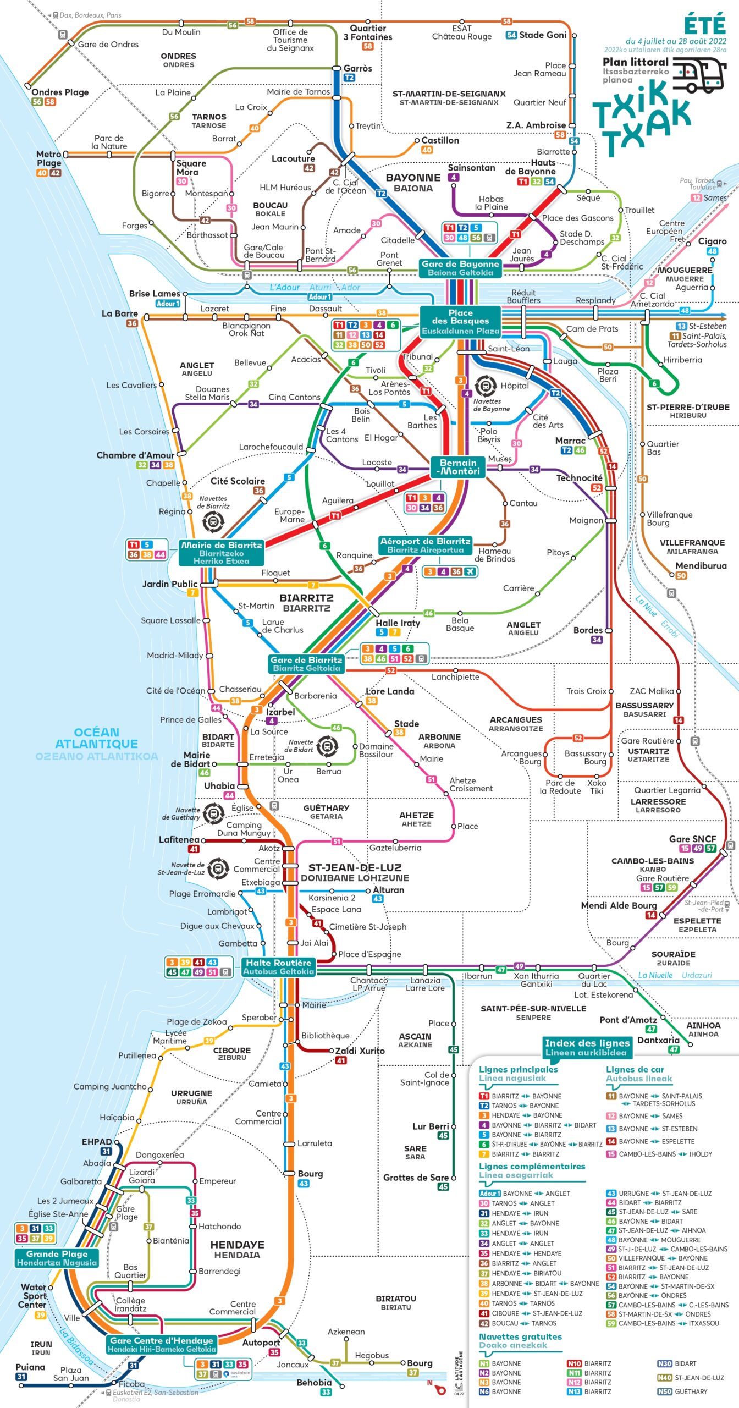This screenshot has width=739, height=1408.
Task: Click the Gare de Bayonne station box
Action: pos(460,268)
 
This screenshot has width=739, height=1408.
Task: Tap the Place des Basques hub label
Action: pos(460,321)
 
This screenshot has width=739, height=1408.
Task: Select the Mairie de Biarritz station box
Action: pos(221,552)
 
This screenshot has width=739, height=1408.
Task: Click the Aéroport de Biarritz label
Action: pos(425,545)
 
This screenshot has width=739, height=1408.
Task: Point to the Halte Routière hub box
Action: pos(278,966)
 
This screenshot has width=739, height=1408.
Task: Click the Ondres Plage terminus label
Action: pos(59,92)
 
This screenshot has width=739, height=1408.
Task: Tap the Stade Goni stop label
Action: pos(542,35)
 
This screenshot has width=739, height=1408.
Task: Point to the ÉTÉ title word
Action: pos(704,25)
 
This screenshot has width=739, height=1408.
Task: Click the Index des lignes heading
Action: pos(586,1047)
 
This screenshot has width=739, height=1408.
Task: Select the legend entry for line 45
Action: pos(652,1212)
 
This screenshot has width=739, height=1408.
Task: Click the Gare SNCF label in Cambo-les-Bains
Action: pos(692,839)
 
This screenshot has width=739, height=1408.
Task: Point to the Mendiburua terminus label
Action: pos(701,565)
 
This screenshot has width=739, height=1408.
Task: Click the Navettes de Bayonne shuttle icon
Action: pos(486,386)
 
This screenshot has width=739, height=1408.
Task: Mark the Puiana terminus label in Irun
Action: pos(30,1367)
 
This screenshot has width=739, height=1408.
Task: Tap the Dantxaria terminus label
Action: pos(658,1040)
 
